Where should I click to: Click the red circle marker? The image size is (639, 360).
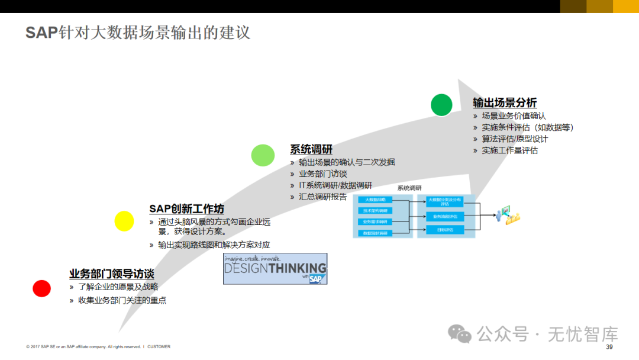[42, 288]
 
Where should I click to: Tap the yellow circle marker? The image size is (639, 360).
[124, 221]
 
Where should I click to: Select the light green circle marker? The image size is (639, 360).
[263, 155]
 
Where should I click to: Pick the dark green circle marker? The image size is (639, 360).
[441, 105]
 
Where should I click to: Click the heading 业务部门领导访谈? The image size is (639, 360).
[111, 274]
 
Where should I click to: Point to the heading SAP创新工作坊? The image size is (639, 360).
[186, 208]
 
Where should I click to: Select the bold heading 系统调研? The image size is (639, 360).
[311, 149]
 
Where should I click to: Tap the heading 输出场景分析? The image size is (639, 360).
[505, 102]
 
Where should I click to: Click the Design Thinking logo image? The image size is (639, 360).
[275, 269]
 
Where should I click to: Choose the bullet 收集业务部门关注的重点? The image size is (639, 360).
[122, 300]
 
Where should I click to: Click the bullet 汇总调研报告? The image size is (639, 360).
[322, 197]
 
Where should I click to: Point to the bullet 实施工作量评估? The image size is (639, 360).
[509, 150]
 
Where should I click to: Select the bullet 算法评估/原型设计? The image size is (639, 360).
[515, 139]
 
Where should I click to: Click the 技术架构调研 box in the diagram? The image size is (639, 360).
[376, 211]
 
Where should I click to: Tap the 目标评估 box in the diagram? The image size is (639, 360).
[445, 229]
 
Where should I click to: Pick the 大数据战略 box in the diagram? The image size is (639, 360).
[376, 200]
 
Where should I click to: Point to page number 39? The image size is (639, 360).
[609, 347]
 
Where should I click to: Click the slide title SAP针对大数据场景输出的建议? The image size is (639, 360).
[138, 32]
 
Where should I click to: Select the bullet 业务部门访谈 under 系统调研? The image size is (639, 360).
[322, 173]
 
